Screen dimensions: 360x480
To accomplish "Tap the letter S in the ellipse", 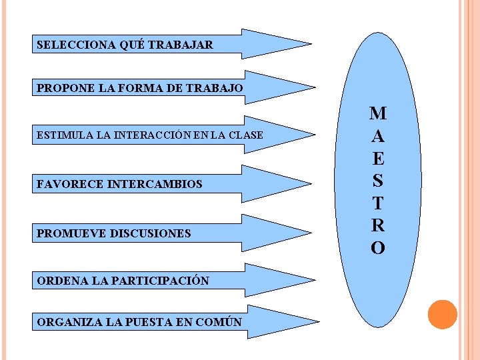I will pyautogui.click(x=377, y=181).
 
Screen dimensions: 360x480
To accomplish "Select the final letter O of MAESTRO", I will pyautogui.click(x=377, y=248).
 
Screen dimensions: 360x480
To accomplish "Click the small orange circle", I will pyautogui.click(x=442, y=315).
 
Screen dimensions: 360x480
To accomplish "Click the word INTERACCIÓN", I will pyautogui.click(x=153, y=135).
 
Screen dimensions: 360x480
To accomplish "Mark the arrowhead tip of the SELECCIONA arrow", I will pyautogui.click(x=311, y=45).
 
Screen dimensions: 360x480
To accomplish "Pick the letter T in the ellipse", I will pyautogui.click(x=377, y=203).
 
